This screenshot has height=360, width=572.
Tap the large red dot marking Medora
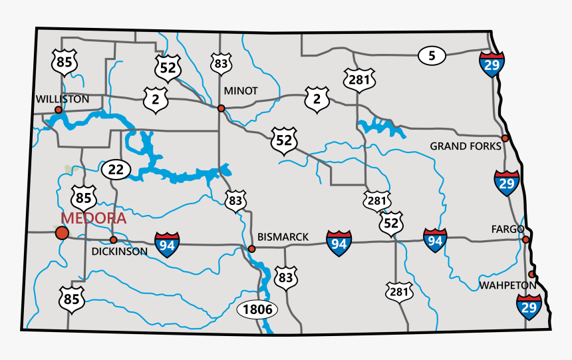click(62, 232)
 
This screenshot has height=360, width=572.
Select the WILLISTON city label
click(63, 99)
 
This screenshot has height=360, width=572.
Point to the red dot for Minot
click(221, 108)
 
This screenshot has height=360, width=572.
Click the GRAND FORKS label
click(463, 146)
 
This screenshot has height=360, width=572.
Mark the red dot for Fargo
click(525, 240)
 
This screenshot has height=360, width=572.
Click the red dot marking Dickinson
click(113, 240)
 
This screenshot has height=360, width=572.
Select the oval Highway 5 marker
click(432, 56)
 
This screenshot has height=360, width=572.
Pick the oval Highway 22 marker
click(116, 170)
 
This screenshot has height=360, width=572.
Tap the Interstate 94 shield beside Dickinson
click(167, 244)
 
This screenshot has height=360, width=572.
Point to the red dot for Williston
click(59, 110)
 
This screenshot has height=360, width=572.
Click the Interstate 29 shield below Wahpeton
click(528, 307)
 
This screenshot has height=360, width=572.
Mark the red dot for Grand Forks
click(505, 138)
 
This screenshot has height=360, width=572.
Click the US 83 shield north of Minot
click(221, 63)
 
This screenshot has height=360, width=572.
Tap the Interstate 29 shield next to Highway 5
click(491, 63)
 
